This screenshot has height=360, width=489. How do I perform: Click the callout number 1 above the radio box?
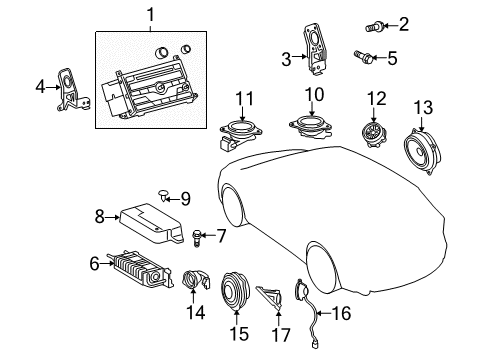(x=150, y=16)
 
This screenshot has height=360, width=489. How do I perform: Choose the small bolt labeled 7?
(x=197, y=238)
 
